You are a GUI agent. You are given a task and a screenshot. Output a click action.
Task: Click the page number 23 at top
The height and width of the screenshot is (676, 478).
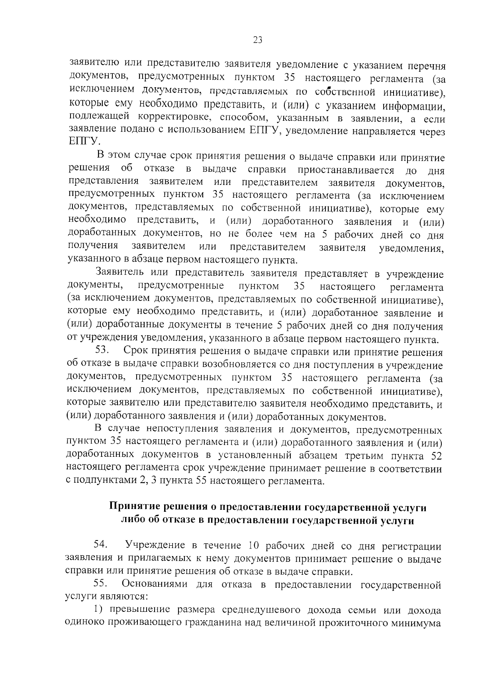[x=257, y=40]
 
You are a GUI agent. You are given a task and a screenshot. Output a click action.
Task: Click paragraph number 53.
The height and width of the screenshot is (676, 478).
[x=102, y=351]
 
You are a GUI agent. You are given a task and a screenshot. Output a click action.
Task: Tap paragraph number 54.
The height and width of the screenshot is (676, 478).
[x=101, y=544]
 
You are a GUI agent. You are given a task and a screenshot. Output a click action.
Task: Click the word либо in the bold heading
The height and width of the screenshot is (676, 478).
[x=132, y=521]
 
